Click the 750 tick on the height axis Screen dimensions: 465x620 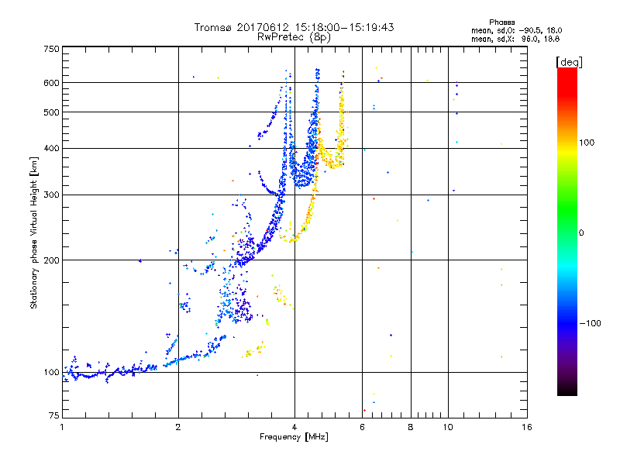(x=51, y=48)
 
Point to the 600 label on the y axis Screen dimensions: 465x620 (x=51, y=83)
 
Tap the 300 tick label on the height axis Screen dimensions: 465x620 (x=51, y=195)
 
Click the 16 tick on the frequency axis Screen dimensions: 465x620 (x=526, y=427)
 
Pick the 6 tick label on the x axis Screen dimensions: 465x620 (x=362, y=427)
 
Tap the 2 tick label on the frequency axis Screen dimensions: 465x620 (x=178, y=427)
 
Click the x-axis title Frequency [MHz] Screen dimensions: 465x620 (x=294, y=438)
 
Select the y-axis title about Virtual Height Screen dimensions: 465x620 (x=34, y=232)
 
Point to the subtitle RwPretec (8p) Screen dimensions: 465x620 (x=294, y=36)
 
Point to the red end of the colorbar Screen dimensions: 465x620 (x=567, y=72)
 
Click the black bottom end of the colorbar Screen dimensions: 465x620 (x=567, y=392)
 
